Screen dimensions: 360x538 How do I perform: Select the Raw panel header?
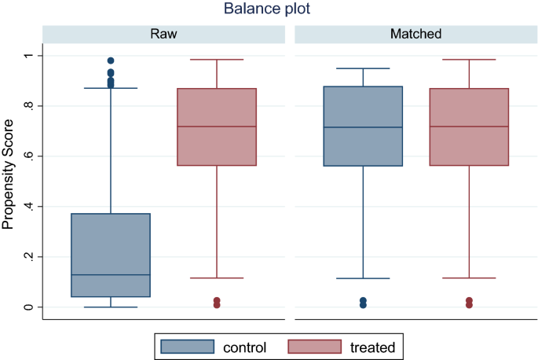164,34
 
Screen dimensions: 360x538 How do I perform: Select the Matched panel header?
415,34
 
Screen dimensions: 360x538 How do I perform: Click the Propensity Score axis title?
9,174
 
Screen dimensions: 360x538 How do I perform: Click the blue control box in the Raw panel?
111,255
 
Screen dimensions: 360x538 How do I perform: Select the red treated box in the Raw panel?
217,127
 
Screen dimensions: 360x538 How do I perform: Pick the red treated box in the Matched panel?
469,127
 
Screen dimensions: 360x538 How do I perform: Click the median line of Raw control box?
111,275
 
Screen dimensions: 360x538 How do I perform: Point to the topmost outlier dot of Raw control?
111,61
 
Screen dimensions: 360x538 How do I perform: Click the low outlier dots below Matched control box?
363,303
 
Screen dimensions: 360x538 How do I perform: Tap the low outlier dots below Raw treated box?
217,303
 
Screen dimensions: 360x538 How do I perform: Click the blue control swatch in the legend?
188,347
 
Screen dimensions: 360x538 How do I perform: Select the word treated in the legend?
371,347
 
